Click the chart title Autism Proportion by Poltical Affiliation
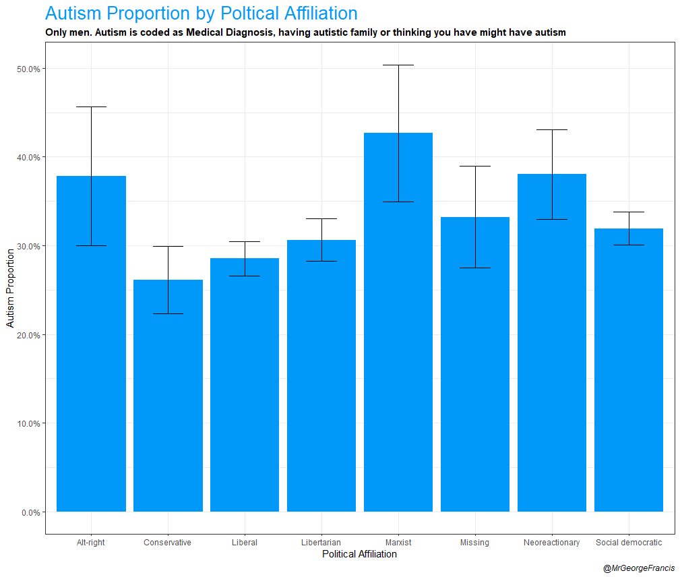click(x=201, y=13)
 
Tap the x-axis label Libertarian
click(x=321, y=543)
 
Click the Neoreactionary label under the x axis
click(x=551, y=543)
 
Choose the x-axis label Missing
click(x=474, y=543)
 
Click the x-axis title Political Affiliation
click(x=359, y=555)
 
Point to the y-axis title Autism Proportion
click(x=10, y=288)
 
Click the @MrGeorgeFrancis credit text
click(x=638, y=568)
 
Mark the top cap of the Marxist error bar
click(x=398, y=65)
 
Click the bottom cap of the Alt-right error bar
click(x=91, y=245)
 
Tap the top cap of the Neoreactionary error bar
click(x=551, y=129)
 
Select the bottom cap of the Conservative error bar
click(x=168, y=313)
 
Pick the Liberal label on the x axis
click(x=244, y=543)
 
